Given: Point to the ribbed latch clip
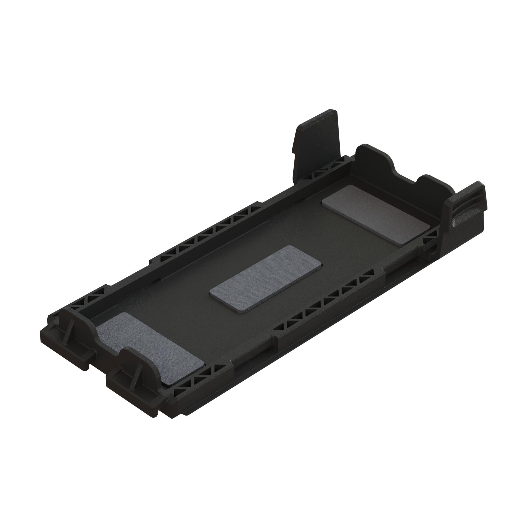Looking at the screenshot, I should (466, 208).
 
